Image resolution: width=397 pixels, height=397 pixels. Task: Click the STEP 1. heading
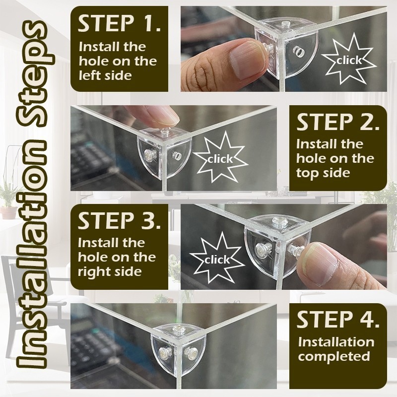tap(119, 23)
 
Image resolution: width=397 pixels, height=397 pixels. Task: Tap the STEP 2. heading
tap(338, 123)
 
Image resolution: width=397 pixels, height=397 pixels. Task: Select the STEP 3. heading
tap(119, 221)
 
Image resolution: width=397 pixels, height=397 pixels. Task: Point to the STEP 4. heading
tap(338, 320)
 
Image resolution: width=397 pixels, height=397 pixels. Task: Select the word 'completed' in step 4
tap(334, 356)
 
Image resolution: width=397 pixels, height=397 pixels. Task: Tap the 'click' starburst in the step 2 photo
tap(220, 158)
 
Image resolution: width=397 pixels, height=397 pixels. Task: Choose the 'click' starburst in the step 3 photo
tap(217, 259)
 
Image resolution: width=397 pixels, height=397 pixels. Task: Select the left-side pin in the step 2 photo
tap(148, 154)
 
